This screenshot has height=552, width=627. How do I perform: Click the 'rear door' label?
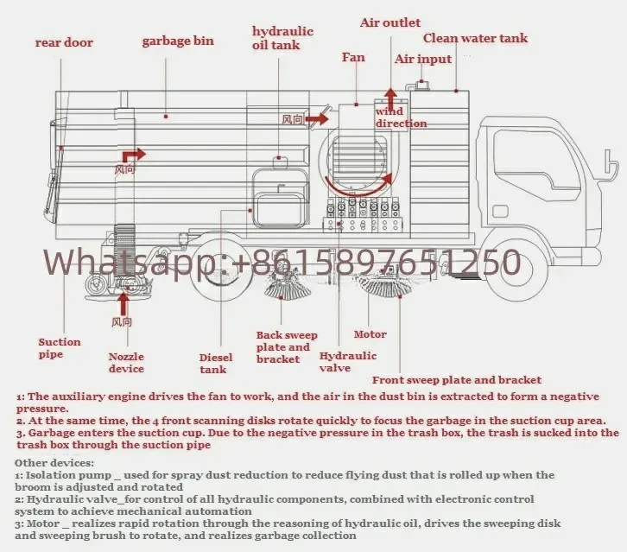tap(64, 42)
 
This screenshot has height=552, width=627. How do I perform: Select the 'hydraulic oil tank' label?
tap(282, 38)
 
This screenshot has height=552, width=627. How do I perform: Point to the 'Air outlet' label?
tap(390, 22)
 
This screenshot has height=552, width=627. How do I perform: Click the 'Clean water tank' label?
tap(475, 38)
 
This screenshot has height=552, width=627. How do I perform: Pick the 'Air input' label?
tap(423, 59)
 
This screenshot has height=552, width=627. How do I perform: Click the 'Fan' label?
tap(353, 57)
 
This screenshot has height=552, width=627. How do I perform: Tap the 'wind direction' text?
tap(401, 117)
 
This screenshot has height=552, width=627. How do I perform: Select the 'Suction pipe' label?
tap(60, 348)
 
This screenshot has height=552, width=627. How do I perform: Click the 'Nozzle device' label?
tap(126, 363)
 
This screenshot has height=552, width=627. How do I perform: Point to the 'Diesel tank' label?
tap(213, 364)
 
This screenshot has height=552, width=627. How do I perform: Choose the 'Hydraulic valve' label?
tap(348, 362)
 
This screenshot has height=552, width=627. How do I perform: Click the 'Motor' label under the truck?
tap(370, 334)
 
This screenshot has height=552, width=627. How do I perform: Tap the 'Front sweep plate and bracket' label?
tap(457, 380)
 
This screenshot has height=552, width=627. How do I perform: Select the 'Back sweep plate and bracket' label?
tap(287, 347)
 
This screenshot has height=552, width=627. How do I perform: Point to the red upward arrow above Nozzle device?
tap(123, 304)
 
